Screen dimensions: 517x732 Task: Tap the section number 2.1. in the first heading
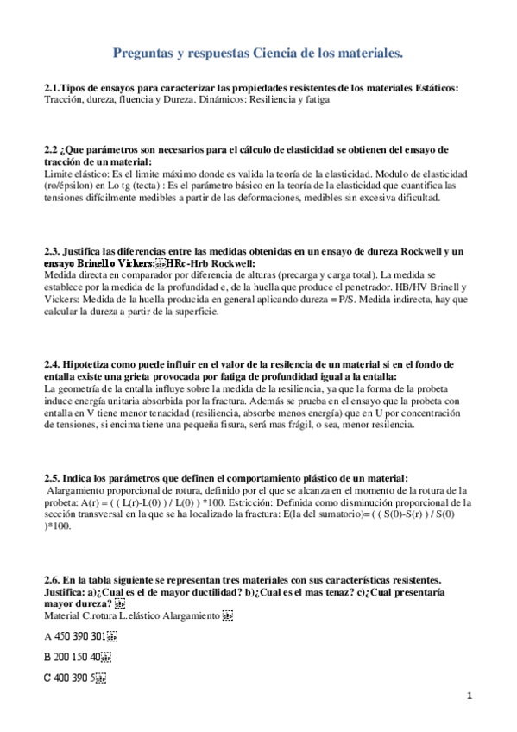(x=54, y=88)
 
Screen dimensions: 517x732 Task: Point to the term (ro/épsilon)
(x=70, y=186)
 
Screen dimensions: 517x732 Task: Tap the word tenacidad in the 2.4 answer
(x=160, y=413)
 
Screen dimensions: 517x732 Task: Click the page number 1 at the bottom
(x=470, y=695)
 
